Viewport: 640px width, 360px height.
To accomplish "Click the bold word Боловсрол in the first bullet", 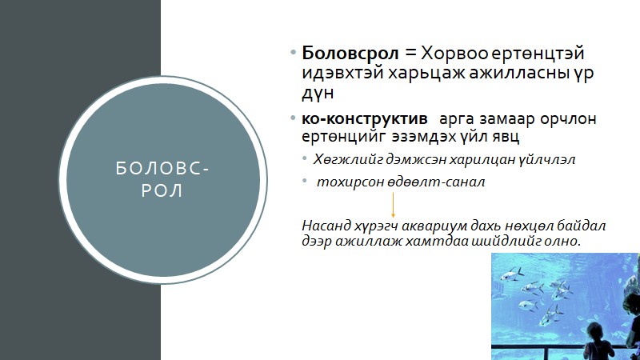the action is click(x=350, y=53).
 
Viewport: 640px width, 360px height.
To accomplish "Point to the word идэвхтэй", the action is click(x=342, y=73).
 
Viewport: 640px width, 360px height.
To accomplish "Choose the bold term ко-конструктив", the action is click(x=365, y=119).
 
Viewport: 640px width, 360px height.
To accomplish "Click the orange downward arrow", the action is click(x=393, y=205).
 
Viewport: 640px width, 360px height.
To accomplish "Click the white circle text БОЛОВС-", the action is click(x=162, y=169).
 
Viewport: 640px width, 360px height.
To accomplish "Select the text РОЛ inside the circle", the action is click(x=162, y=191).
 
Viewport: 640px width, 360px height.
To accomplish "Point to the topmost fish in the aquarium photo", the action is click(x=512, y=274).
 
